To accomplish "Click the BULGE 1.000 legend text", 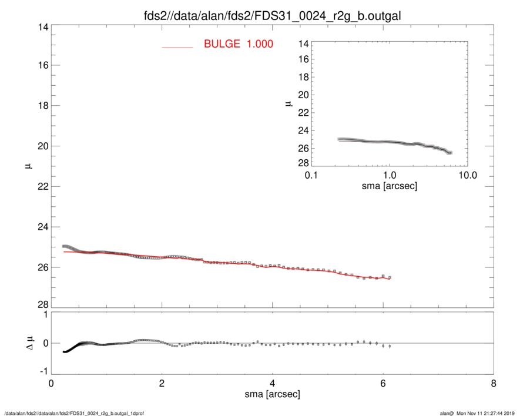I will coord(238,44).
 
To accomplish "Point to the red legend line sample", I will coord(177,46).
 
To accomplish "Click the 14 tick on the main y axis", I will coord(42,25).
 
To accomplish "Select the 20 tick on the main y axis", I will coord(42,146).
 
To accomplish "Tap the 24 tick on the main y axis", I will coord(42,227).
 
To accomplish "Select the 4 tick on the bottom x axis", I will coord(272,384).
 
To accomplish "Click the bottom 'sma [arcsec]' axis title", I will coord(272,394).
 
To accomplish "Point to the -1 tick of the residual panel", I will coord(42,372).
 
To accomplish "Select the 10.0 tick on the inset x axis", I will coord(467,176).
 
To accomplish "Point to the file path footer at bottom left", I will coord(74,412).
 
